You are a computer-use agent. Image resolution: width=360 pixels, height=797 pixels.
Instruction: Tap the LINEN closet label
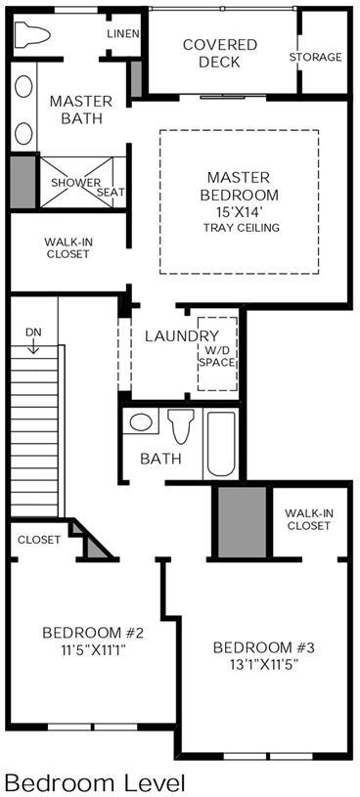point(123,34)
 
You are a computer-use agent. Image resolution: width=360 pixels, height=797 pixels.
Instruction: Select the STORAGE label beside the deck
point(315,57)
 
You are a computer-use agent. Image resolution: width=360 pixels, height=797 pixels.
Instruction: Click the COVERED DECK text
point(220,54)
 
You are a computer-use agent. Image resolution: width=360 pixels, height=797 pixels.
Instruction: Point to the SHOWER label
point(75,183)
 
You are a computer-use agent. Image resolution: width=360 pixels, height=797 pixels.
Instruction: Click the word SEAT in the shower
point(111,193)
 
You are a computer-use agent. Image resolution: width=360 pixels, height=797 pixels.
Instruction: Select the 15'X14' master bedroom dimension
point(240,211)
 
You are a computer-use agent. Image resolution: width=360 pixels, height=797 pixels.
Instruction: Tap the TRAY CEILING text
point(242,227)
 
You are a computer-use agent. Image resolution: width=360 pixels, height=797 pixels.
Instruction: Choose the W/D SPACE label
point(217,356)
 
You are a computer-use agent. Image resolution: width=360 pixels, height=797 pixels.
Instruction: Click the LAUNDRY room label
point(182,336)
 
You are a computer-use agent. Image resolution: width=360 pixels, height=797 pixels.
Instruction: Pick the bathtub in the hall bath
point(221,443)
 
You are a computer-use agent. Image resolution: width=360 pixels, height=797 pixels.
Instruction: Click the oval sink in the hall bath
point(141,421)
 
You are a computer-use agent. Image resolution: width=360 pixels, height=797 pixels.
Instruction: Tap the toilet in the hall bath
point(182,426)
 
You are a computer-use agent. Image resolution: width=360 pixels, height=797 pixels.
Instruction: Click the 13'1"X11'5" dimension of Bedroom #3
point(262,663)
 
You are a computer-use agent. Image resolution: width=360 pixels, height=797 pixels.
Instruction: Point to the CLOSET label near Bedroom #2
point(39,540)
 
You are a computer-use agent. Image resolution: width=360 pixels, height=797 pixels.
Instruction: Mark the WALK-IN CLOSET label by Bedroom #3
point(309,519)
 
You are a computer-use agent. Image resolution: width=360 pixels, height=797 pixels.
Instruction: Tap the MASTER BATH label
point(81,110)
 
